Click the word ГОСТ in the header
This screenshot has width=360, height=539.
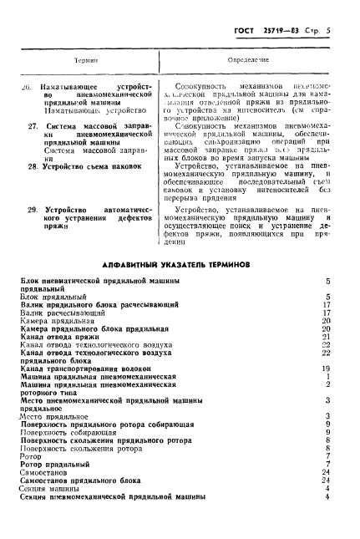coord(236,31)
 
